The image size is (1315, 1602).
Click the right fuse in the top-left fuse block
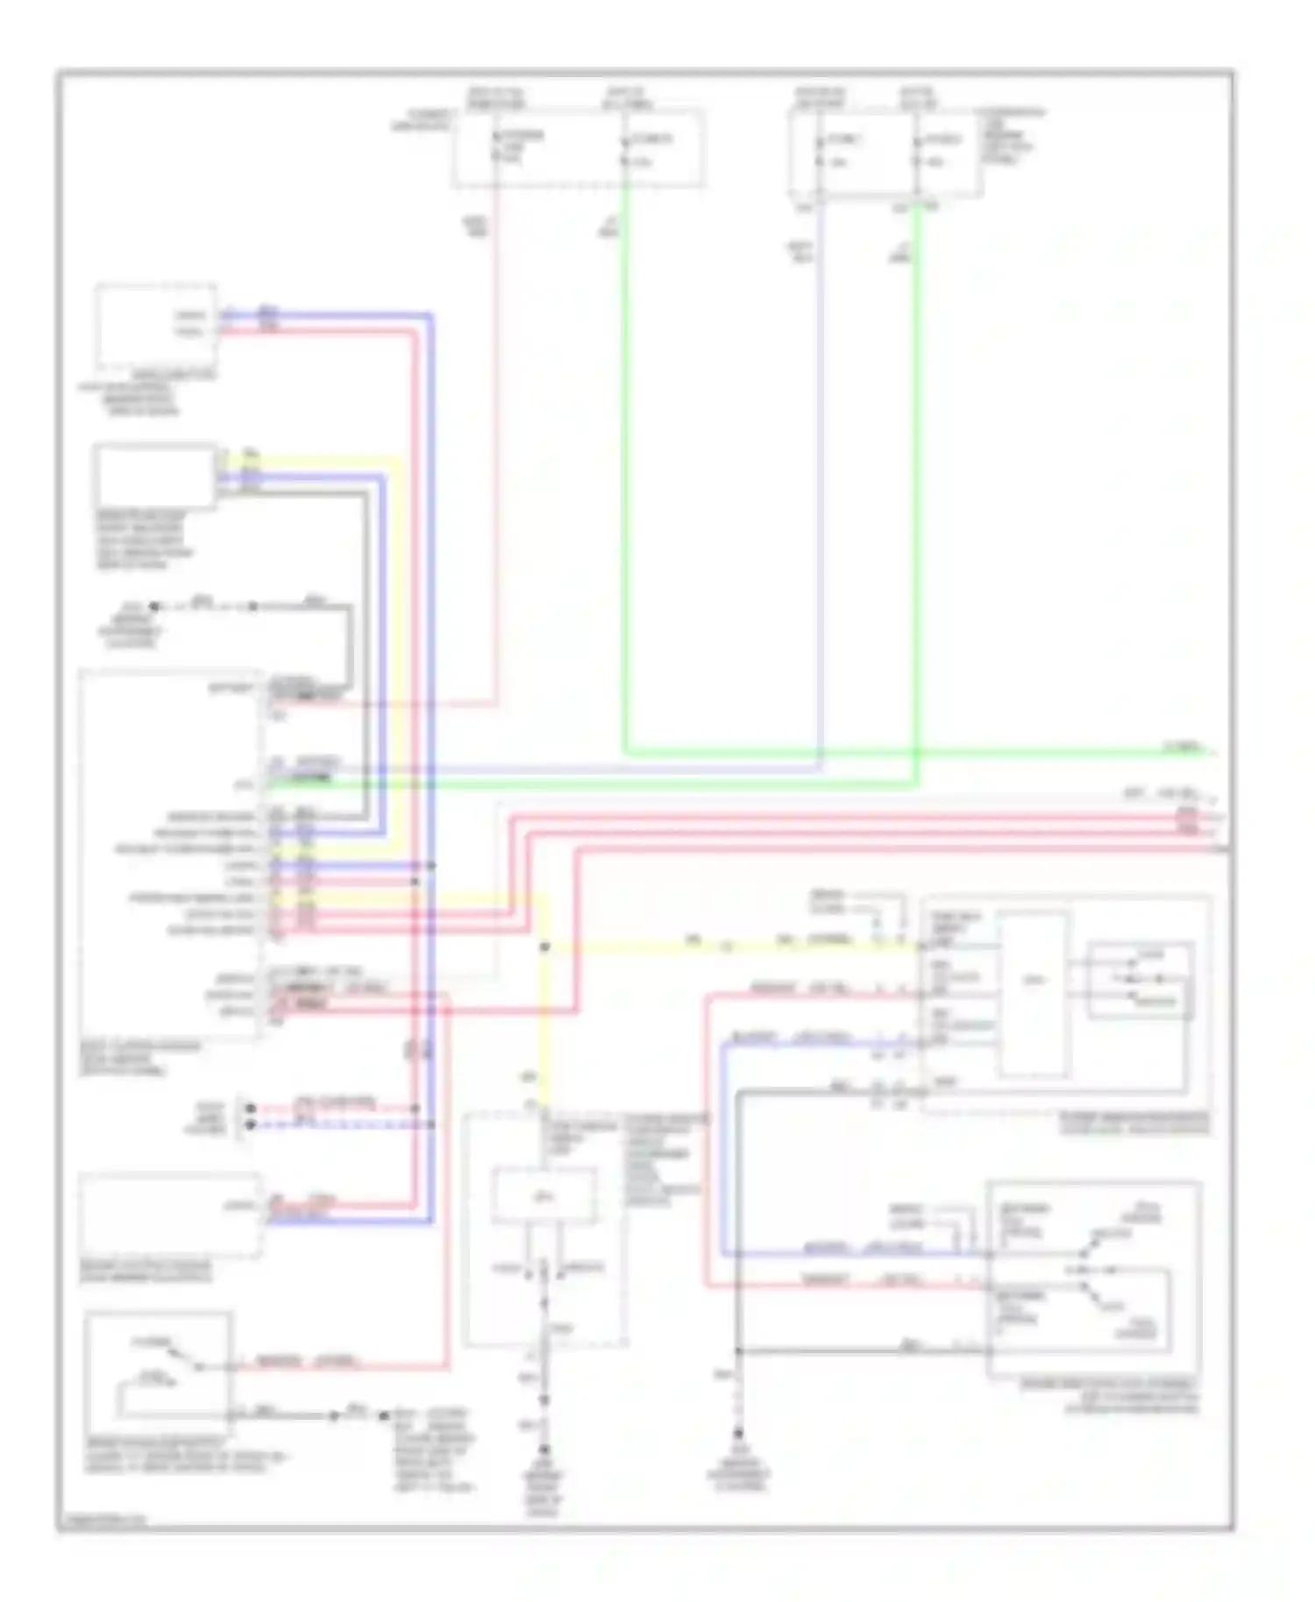pos(625,149)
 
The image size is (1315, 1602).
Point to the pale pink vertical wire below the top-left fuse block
pos(497,438)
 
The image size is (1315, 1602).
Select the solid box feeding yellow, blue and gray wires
pos(154,476)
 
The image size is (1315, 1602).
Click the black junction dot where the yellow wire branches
pos(544,947)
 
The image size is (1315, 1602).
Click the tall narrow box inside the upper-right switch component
pos(1034,995)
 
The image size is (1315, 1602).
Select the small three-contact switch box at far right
pos(1140,981)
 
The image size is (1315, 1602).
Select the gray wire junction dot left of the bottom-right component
pos(739,1351)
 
